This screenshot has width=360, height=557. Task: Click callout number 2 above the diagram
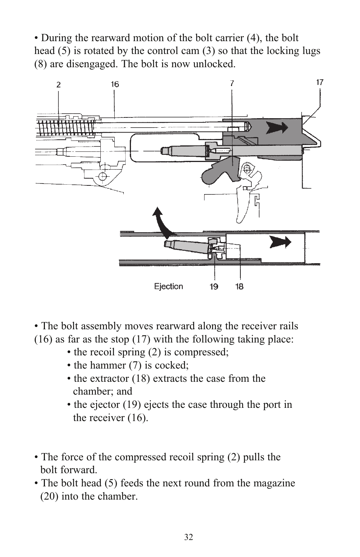point(58,85)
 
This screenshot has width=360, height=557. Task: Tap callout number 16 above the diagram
point(115,84)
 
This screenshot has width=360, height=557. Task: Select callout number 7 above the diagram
point(232,83)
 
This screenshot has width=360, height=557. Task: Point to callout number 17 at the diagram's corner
point(320,82)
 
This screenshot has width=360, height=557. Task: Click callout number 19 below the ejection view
point(214,287)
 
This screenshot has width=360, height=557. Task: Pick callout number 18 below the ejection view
point(239,287)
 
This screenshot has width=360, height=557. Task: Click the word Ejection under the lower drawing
point(168,286)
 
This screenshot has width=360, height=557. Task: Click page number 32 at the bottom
point(189,537)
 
